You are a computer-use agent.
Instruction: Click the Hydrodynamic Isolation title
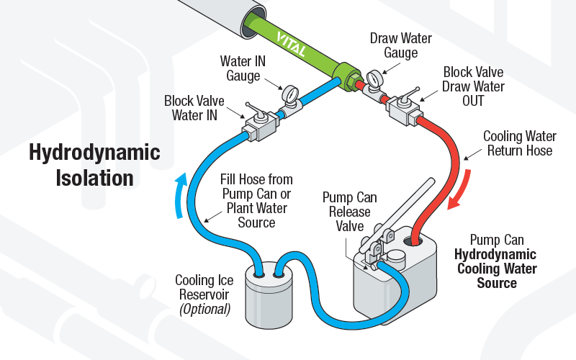[x=94, y=165]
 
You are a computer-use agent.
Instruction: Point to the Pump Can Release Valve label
[x=349, y=212]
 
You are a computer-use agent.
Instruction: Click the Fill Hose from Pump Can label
[x=256, y=201]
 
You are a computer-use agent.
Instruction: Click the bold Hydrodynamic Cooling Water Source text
[x=496, y=269]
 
